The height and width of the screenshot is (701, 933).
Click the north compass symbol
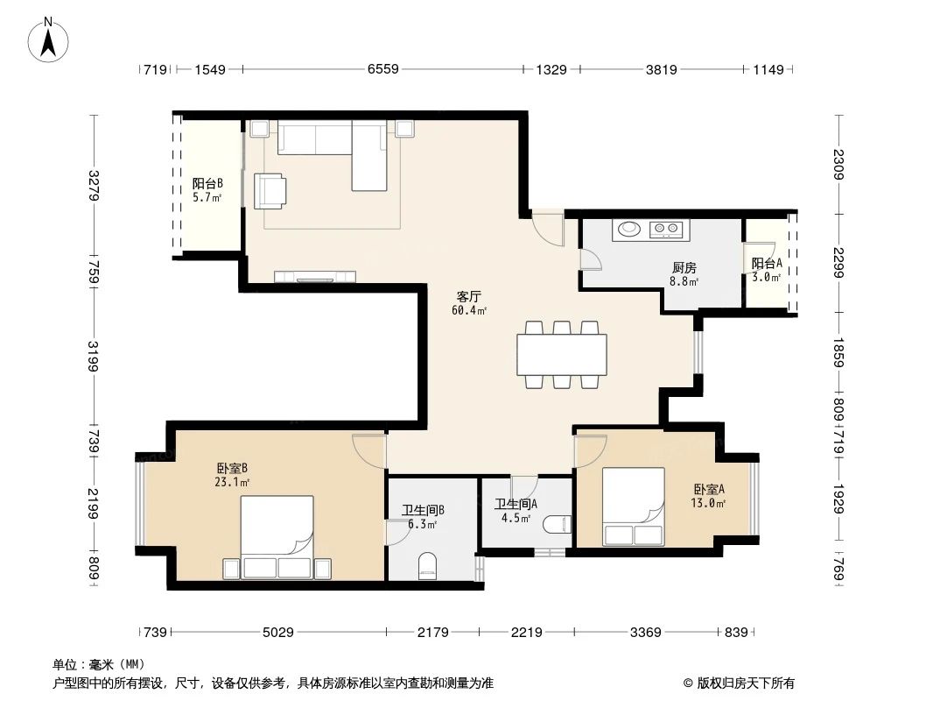tap(50, 39)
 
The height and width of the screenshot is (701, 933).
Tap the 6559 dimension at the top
tap(382, 70)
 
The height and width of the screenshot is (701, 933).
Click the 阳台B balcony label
tap(207, 190)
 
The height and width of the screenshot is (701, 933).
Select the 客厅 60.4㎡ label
tap(469, 302)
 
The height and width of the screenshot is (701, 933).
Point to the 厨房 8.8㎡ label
tap(684, 274)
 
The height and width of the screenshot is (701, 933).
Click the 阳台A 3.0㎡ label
tap(767, 269)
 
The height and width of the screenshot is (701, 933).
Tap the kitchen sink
tap(629, 230)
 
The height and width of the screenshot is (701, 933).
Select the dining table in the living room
tap(562, 354)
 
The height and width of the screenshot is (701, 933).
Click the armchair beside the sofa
tap(270, 191)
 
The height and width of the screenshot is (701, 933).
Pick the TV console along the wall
tap(315, 277)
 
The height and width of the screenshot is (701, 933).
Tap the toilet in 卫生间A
tap(557, 525)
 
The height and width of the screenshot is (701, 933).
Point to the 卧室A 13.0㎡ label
tap(710, 497)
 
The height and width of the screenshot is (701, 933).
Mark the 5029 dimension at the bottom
tap(278, 632)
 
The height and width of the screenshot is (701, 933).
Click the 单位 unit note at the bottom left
tap(99, 663)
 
